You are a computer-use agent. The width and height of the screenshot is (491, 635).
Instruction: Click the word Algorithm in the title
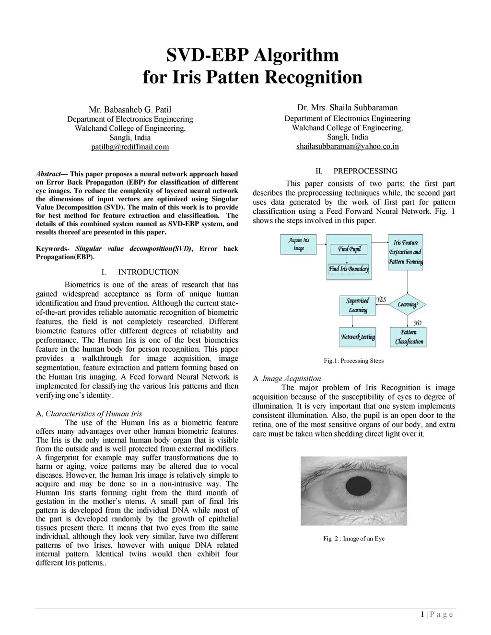pos(296,55)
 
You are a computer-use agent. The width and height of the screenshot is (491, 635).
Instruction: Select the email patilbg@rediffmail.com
pos(130,147)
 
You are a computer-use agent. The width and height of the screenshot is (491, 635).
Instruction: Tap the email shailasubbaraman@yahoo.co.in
pos(347,146)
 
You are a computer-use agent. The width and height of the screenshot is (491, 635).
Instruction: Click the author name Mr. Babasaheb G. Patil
pos(130,109)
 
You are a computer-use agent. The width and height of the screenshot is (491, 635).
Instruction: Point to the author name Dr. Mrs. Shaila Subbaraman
pos(347,107)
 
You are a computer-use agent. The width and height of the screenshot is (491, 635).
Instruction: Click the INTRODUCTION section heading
pos(148,272)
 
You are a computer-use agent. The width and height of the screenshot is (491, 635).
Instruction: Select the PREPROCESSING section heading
pos(365,171)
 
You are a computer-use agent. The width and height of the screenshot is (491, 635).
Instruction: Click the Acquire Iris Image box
pos(299,244)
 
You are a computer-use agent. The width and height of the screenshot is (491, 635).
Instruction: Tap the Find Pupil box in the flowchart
pos(349,249)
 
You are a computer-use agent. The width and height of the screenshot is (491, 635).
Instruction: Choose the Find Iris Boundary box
pos(349,269)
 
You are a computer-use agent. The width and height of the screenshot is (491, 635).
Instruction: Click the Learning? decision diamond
pos(408,305)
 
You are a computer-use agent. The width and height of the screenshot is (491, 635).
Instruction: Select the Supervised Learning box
pos(358,305)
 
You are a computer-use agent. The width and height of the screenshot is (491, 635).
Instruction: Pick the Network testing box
pos(358,337)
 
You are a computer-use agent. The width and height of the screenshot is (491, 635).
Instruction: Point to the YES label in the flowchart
pos(381,300)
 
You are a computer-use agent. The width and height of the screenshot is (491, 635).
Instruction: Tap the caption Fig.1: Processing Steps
pos(353,361)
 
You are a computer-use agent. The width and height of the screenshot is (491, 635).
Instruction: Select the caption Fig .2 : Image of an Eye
pos(353,539)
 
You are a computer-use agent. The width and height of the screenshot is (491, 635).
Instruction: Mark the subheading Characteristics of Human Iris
pos(94,414)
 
